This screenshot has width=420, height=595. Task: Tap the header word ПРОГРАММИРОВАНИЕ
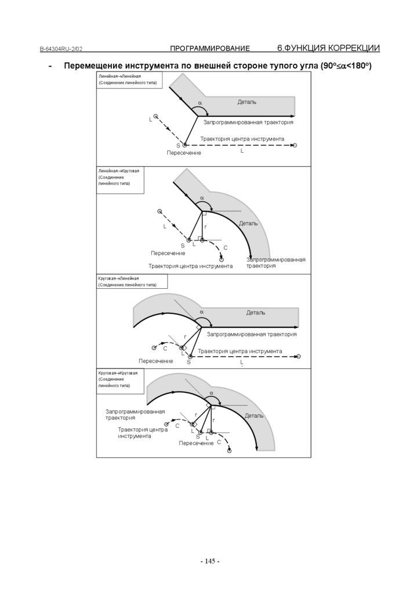(x=209, y=48)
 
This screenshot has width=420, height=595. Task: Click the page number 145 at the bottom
(x=209, y=561)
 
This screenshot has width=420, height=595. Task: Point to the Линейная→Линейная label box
(x=129, y=80)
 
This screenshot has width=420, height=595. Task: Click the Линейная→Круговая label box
(x=122, y=177)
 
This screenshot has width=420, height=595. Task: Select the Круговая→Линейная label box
(x=132, y=282)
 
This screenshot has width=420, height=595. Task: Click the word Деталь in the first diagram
(x=247, y=102)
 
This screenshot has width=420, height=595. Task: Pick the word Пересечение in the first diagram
(x=184, y=153)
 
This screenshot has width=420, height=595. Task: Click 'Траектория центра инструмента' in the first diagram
(x=242, y=139)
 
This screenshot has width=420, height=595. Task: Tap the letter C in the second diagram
(x=225, y=248)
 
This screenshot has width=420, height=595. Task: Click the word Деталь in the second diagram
(x=248, y=224)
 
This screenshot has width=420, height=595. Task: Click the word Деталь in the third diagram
(x=256, y=313)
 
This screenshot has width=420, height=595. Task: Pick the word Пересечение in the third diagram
(x=156, y=361)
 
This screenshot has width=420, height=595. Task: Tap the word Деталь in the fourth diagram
(x=254, y=416)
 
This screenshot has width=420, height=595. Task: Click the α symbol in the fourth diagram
(x=211, y=393)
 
